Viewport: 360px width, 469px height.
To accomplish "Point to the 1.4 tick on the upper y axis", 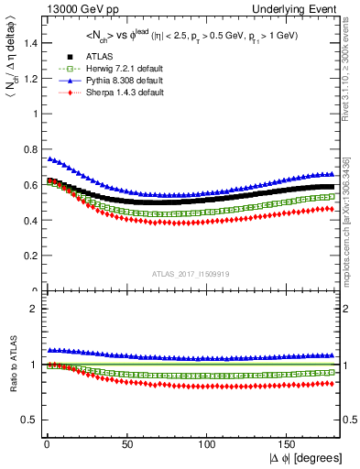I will point(32,43).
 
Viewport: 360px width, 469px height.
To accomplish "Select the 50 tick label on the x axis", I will point(127,443).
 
